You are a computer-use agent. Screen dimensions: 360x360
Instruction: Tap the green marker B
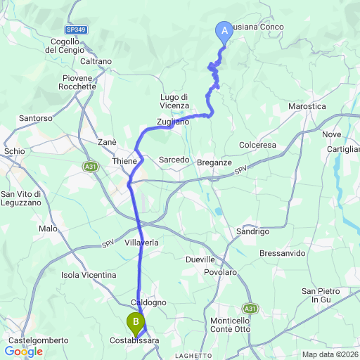click(x=134, y=323)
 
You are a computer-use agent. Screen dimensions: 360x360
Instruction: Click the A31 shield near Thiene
click(x=90, y=167)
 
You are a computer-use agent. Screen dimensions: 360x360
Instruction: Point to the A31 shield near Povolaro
click(x=250, y=308)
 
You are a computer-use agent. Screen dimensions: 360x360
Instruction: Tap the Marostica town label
click(x=307, y=106)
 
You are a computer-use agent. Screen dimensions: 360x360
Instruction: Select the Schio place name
click(x=14, y=151)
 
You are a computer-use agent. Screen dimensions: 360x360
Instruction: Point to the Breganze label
click(x=214, y=162)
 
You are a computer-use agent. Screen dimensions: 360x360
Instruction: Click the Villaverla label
click(x=141, y=243)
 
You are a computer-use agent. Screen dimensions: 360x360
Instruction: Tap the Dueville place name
click(x=201, y=259)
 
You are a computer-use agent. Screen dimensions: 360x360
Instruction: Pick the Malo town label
click(x=48, y=229)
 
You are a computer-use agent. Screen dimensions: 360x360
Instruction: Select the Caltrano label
click(x=96, y=61)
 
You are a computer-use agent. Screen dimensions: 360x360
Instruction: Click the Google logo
click(x=23, y=351)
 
